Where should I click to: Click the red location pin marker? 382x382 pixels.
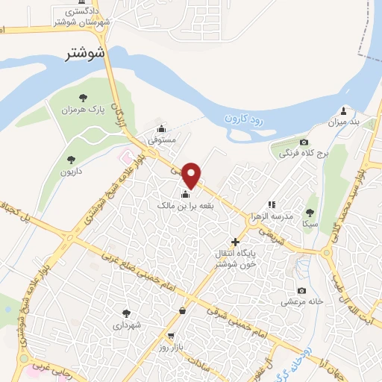tap(192, 175)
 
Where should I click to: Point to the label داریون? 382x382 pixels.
tap(71, 171)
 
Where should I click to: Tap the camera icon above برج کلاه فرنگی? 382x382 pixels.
tap(304, 143)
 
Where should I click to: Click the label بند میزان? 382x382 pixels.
tap(345, 120)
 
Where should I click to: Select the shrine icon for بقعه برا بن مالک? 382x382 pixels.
tap(185, 195)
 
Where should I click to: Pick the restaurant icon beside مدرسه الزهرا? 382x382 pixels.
tap(272, 204)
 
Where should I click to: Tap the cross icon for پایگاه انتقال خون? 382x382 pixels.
tap(236, 242)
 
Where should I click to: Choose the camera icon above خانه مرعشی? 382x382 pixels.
tap(301, 290)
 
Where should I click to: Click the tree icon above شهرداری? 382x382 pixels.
tap(125, 313)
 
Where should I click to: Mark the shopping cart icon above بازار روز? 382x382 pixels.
tap(172, 336)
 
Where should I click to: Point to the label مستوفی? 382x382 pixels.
tap(161, 139)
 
